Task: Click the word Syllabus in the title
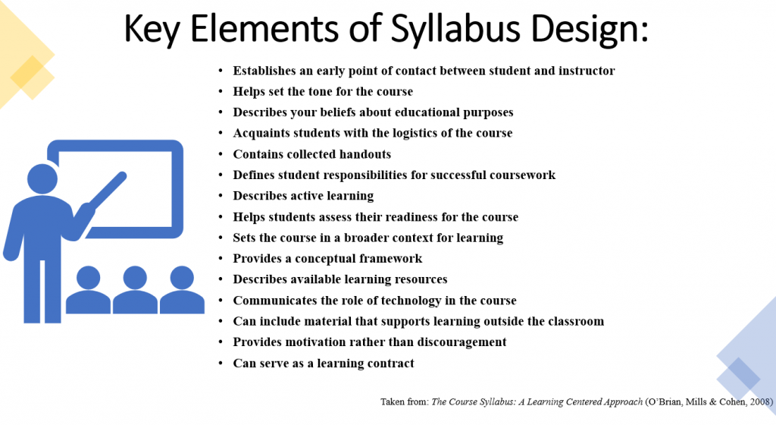coord(455,30)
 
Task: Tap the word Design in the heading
coord(588,30)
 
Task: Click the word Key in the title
coord(151,30)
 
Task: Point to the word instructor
coord(587,71)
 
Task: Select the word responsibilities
coord(360,175)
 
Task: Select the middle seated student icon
coord(135,290)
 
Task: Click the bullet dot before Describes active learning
coord(221,196)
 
